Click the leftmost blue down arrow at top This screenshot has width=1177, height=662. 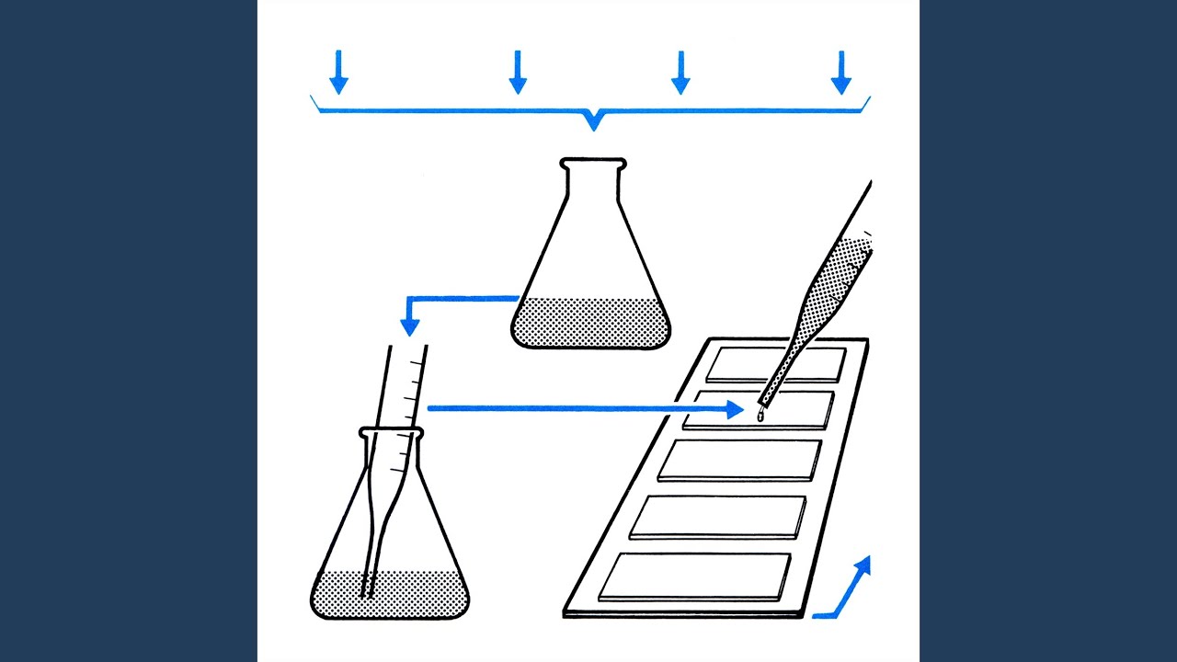click(x=338, y=74)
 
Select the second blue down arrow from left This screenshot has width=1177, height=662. click(x=518, y=74)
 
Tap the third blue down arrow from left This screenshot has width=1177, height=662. click(x=680, y=74)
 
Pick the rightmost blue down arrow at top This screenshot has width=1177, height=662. click(x=840, y=74)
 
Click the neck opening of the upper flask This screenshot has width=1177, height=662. click(x=593, y=164)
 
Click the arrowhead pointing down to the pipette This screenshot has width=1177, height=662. click(x=410, y=326)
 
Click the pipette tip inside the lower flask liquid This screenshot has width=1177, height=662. click(x=368, y=589)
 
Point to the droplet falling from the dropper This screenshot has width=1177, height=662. click(x=760, y=417)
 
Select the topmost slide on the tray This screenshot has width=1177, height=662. click(x=775, y=365)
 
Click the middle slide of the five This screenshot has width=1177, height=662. click(x=739, y=460)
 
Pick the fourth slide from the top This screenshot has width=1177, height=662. click(x=717, y=517)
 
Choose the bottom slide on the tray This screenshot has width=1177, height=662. click(x=694, y=576)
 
